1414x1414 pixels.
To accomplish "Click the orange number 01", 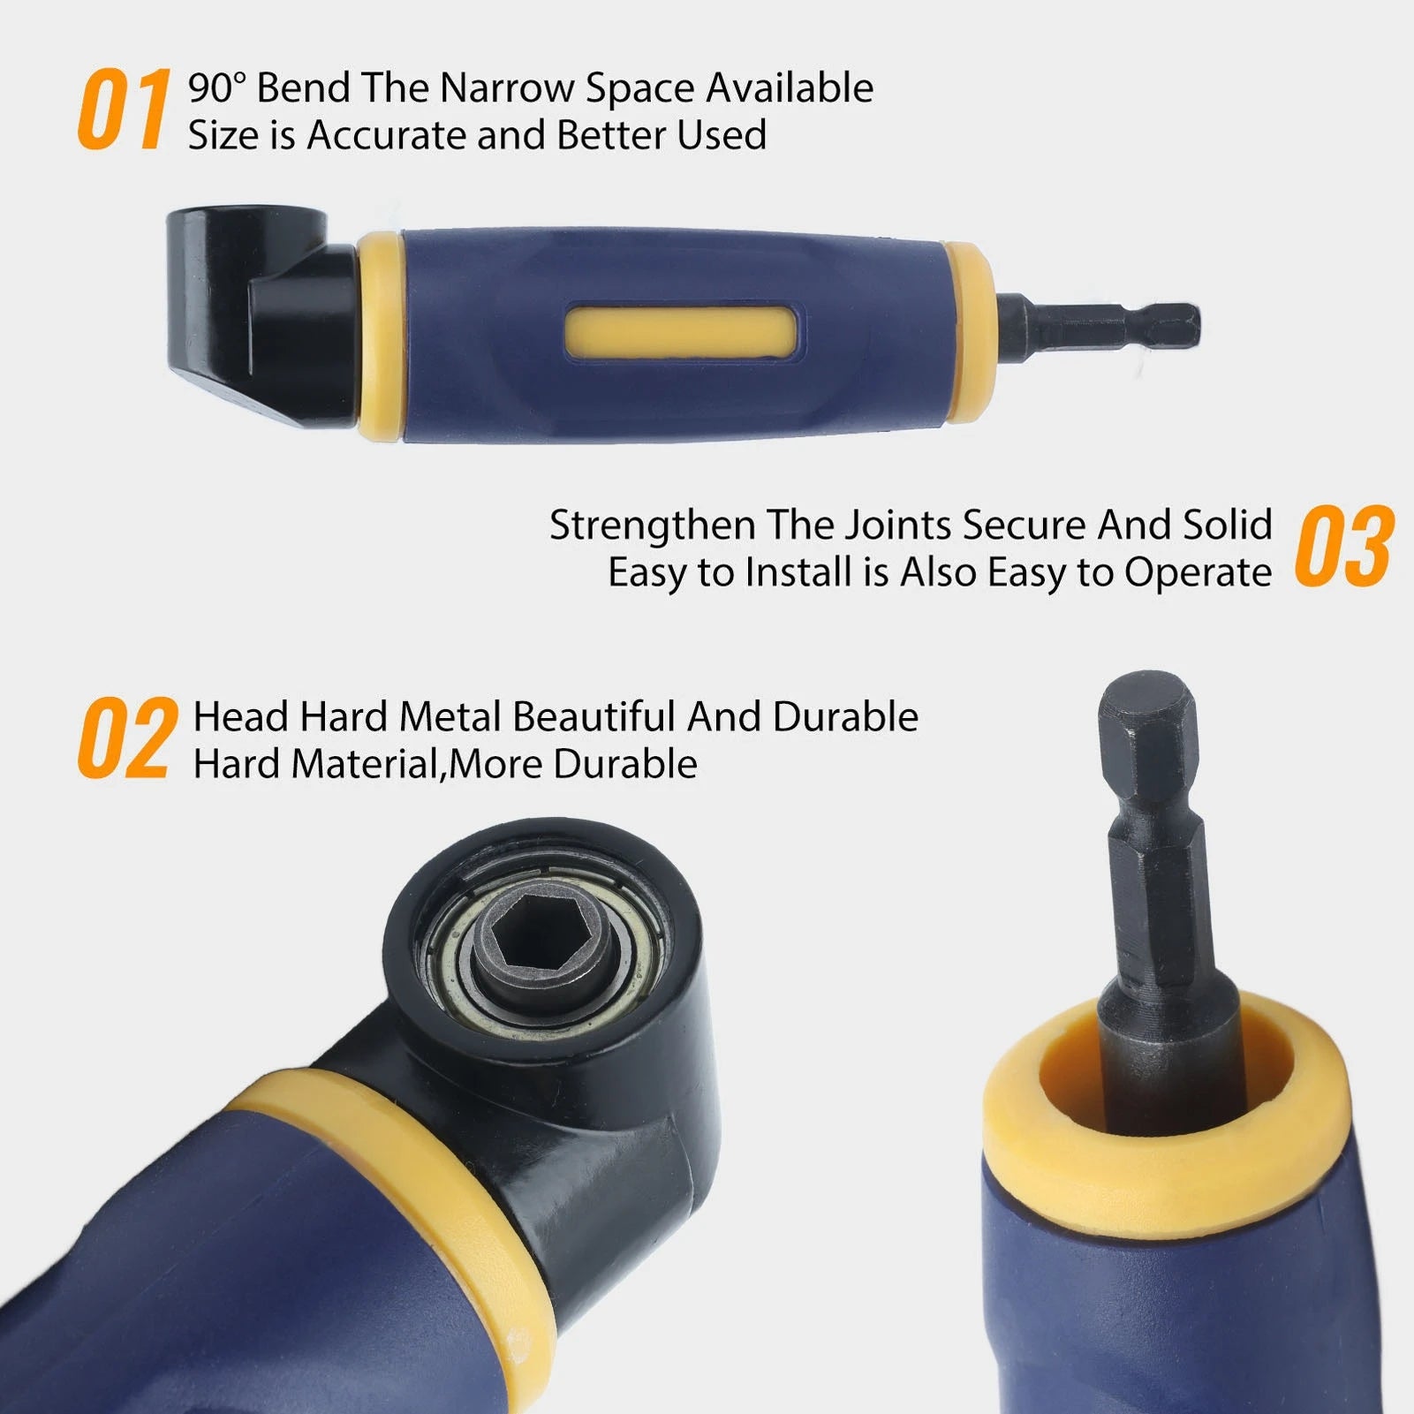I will [x=124, y=110].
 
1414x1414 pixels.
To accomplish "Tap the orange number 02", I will [x=126, y=739].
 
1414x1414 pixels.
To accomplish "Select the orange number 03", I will [x=1344, y=548].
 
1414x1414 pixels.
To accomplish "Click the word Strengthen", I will [x=652, y=525].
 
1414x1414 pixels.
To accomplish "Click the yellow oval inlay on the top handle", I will [x=681, y=333].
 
